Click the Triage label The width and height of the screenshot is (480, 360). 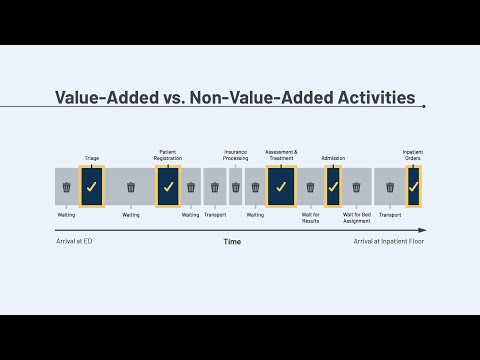(x=92, y=158)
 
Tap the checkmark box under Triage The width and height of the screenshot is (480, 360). (x=92, y=187)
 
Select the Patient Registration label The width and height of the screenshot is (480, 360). (x=168, y=154)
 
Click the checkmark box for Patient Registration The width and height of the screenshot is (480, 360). (x=168, y=187)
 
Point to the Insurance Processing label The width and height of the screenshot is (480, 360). (x=235, y=154)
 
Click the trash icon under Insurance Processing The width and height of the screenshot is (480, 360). (x=236, y=187)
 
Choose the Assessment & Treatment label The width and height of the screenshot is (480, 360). (x=281, y=154)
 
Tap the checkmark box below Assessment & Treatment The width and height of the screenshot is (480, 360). (x=281, y=187)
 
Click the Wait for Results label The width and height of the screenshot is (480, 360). (x=310, y=217)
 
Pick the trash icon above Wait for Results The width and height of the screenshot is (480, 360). (x=310, y=187)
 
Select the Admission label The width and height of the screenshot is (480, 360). (x=333, y=158)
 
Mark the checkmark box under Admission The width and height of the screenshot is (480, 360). (x=333, y=187)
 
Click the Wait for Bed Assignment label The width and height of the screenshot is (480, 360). (x=355, y=217)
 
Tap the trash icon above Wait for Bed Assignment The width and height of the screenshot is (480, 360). (x=356, y=187)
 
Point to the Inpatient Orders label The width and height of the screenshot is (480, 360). (x=413, y=154)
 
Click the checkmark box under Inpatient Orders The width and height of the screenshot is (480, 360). (x=413, y=187)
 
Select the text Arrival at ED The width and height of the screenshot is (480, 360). (x=74, y=242)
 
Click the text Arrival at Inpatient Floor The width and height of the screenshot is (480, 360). (x=389, y=242)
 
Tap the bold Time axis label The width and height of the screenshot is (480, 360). (x=232, y=242)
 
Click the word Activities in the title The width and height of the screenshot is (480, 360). (x=366, y=98)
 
